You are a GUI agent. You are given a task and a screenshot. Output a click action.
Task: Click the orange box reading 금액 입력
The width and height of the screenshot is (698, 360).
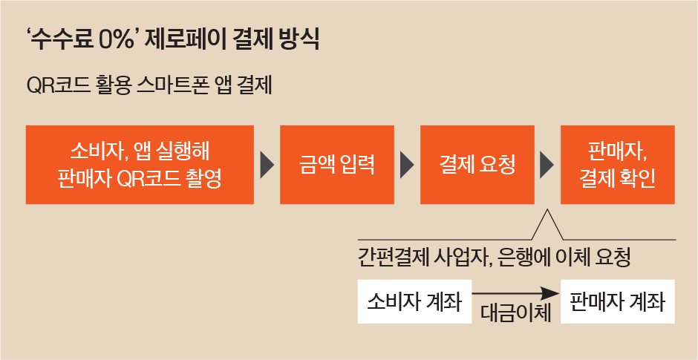pos(337,165)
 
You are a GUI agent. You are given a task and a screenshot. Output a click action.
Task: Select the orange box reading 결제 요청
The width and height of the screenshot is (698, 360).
pos(477,165)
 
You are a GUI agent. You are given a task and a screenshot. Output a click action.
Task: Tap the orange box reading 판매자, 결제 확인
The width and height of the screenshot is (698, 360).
pos(617,165)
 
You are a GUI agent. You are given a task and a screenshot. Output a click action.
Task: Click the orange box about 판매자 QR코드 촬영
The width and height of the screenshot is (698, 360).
pos(140,165)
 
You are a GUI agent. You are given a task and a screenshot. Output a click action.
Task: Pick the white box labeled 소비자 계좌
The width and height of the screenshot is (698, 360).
pos(414,301)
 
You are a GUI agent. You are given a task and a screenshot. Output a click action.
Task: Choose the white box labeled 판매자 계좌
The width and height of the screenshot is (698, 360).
pos(617,301)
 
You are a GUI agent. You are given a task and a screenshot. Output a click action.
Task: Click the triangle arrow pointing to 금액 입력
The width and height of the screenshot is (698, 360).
pos(267,165)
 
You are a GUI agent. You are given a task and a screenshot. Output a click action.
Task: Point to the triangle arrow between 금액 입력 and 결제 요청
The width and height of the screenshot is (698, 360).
pos(408,165)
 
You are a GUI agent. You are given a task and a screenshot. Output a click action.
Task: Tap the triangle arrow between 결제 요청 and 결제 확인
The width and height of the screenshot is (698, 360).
pos(547,165)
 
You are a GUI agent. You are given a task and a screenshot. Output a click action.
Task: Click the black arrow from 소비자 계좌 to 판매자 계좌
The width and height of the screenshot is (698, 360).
pos(515,294)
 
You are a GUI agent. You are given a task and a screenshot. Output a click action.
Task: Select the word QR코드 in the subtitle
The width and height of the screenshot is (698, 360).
pos(58,87)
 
